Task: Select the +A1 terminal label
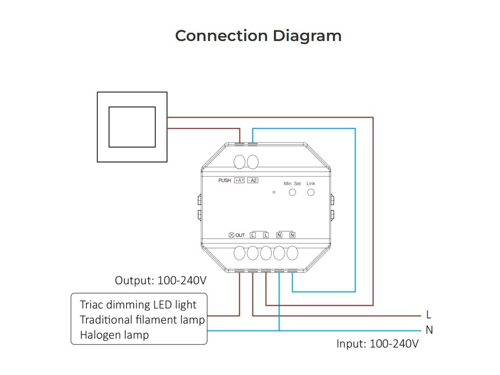point(239,181)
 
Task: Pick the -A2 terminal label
point(252,181)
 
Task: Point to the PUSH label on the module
point(225,181)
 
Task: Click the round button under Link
point(311,192)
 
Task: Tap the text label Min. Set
point(292,184)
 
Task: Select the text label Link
point(311,184)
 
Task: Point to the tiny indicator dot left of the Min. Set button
point(274,192)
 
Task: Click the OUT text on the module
point(240,235)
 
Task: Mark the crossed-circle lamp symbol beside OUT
point(231,235)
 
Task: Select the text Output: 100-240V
point(161,281)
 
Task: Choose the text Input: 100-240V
point(377,344)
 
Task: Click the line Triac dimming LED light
point(138,305)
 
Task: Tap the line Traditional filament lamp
point(142,320)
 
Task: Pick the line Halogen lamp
point(114,335)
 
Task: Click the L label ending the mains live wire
point(429,314)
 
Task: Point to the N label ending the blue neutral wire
point(429,330)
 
